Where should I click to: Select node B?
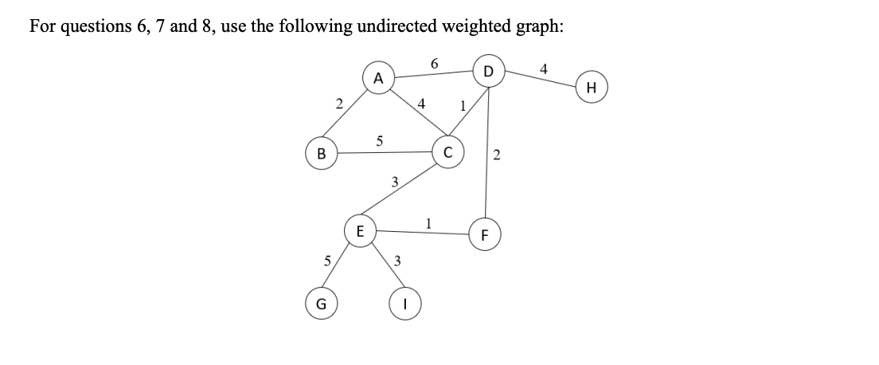click(x=322, y=153)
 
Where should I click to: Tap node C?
click(x=447, y=153)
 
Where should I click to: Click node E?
click(x=360, y=232)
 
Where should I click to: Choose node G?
click(x=322, y=304)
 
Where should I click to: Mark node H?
click(x=590, y=87)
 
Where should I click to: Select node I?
click(x=404, y=304)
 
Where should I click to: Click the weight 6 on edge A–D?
click(x=434, y=61)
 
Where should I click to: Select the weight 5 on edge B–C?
click(x=380, y=141)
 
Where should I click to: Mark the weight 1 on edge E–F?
click(x=428, y=222)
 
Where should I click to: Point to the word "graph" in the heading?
click(x=539, y=26)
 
